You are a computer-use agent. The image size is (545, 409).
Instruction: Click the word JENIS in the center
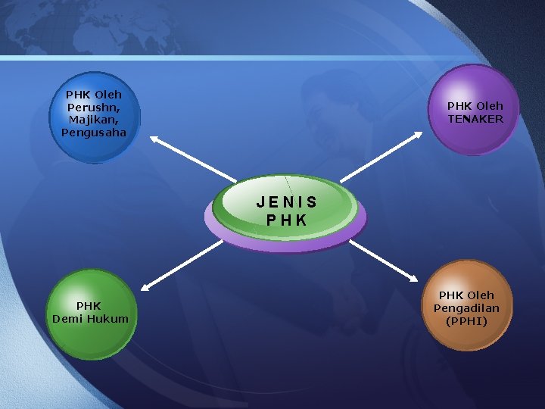click(286, 203)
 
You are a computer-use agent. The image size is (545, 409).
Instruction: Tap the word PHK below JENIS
click(287, 220)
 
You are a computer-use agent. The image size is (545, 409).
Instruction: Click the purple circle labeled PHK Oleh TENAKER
click(475, 111)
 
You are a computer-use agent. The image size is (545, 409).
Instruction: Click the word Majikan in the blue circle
click(92, 120)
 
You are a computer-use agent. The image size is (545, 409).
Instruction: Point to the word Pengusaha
click(94, 133)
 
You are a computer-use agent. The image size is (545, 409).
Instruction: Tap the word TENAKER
click(475, 119)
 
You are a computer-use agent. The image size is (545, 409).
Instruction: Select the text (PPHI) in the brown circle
click(467, 321)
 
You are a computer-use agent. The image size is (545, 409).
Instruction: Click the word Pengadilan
click(466, 308)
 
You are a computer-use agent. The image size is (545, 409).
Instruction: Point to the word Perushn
click(93, 108)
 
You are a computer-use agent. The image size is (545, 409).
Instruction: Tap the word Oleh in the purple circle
click(490, 106)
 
